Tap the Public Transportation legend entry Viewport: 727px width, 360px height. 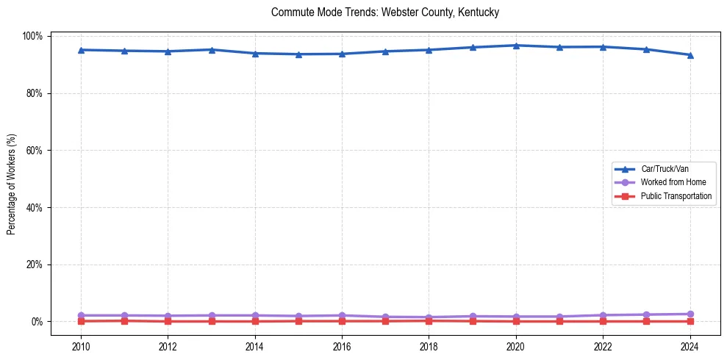[x=676, y=196]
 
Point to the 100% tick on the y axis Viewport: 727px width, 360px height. [x=34, y=36]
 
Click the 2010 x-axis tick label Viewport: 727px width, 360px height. [x=81, y=347]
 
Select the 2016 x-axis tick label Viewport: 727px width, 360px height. [x=342, y=347]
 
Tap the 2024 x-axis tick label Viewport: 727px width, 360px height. [x=690, y=347]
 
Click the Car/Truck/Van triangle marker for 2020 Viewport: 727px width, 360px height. [x=516, y=46]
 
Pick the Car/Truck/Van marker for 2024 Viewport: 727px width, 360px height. [x=690, y=55]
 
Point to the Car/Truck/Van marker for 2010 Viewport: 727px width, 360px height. [x=81, y=50]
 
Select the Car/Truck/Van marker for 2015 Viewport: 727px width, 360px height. [x=298, y=54]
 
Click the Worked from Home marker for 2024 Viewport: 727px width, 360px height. [x=690, y=314]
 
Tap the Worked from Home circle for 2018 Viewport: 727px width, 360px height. [x=429, y=317]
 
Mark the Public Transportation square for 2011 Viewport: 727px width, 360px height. [x=125, y=320]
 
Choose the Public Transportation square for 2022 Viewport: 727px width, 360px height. [x=603, y=321]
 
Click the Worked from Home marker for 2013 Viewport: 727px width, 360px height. [x=212, y=315]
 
